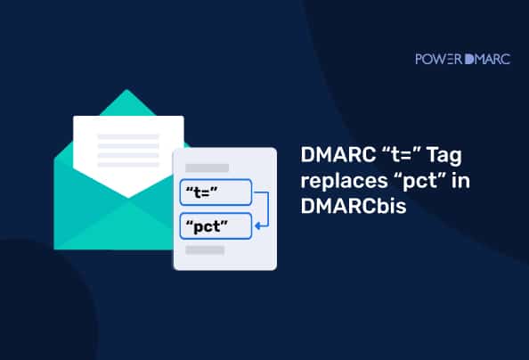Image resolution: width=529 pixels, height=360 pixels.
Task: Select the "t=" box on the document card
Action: point(217,192)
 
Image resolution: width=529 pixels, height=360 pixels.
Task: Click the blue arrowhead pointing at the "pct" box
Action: point(256,226)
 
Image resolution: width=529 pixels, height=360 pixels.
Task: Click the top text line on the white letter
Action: point(127,137)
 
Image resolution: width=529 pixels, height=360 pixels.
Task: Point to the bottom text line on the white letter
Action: point(127,164)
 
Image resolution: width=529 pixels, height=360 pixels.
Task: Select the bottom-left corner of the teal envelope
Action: point(56,248)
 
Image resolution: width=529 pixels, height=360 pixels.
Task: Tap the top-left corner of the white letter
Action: point(75,118)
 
